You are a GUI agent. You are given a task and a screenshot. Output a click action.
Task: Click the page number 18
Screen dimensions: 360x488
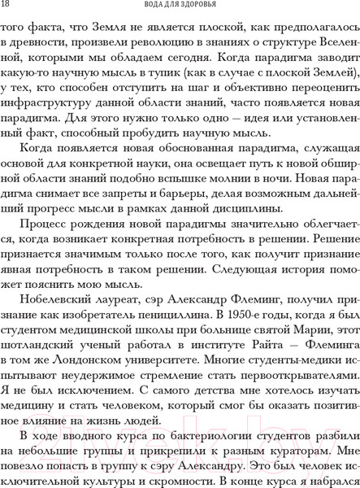7,7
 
